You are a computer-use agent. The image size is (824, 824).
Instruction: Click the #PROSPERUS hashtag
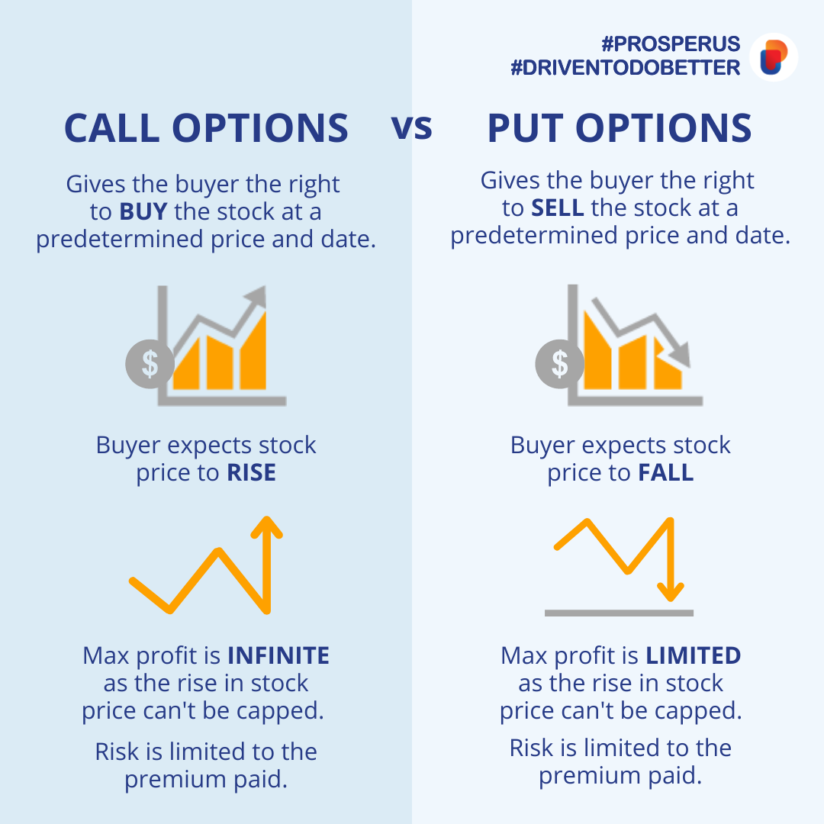(x=671, y=43)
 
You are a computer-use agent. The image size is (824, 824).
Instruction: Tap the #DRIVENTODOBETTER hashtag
(x=626, y=68)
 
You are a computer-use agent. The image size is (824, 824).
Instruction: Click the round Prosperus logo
(x=774, y=56)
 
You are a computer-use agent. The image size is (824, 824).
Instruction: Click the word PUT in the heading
(x=525, y=128)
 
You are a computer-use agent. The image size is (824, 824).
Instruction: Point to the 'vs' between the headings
(x=412, y=127)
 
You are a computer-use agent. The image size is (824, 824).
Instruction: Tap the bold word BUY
(x=143, y=211)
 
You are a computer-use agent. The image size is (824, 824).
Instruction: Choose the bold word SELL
(x=557, y=208)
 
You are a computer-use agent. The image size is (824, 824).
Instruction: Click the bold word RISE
(x=251, y=473)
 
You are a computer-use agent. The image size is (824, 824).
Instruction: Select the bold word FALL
(x=665, y=473)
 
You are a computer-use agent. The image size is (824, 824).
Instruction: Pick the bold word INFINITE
(x=278, y=655)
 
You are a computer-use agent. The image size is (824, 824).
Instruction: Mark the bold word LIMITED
(x=693, y=655)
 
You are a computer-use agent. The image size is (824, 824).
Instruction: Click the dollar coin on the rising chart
(x=150, y=363)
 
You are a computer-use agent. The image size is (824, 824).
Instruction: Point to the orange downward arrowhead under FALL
(x=672, y=591)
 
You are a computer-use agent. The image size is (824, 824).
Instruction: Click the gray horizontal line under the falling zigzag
(x=619, y=613)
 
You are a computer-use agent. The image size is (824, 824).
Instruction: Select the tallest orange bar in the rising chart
(x=254, y=351)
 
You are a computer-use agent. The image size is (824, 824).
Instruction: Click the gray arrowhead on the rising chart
(x=258, y=296)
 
